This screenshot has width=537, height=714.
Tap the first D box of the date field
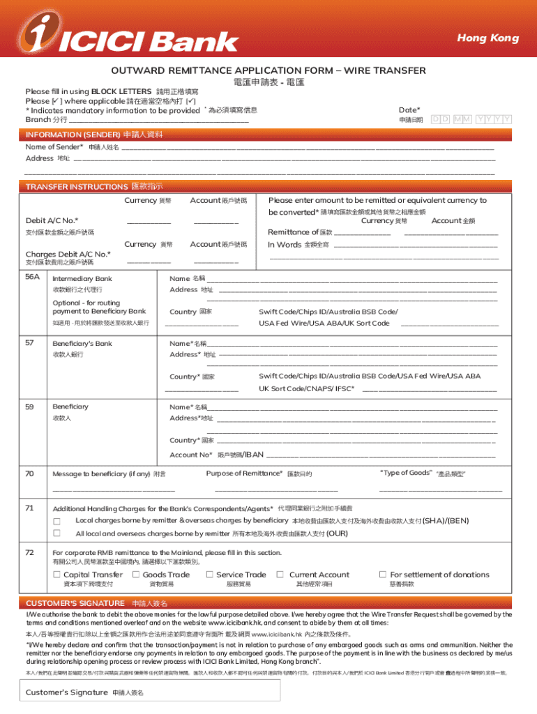pyautogui.click(x=435, y=119)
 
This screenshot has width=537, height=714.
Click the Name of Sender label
pyautogui.click(x=54, y=147)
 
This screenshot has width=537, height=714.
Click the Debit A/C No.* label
pyautogui.click(x=52, y=220)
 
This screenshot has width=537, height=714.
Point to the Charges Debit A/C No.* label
pyautogui.click(x=68, y=254)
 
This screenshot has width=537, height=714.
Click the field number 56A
pyautogui.click(x=33, y=278)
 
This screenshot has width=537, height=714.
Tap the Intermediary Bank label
pyautogui.click(x=82, y=279)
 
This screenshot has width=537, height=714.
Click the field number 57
pyautogui.click(x=29, y=343)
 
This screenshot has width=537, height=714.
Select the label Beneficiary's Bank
pyautogui.click(x=82, y=344)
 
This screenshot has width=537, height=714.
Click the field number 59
pyautogui.click(x=29, y=407)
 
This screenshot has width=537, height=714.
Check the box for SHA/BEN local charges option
pyautogui.click(x=58, y=522)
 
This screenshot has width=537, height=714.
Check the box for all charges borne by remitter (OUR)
pyautogui.click(x=58, y=534)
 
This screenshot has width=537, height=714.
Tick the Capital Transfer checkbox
pyautogui.click(x=57, y=575)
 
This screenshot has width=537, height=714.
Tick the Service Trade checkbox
pyautogui.click(x=209, y=575)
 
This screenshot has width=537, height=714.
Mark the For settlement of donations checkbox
pyautogui.click(x=382, y=575)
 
